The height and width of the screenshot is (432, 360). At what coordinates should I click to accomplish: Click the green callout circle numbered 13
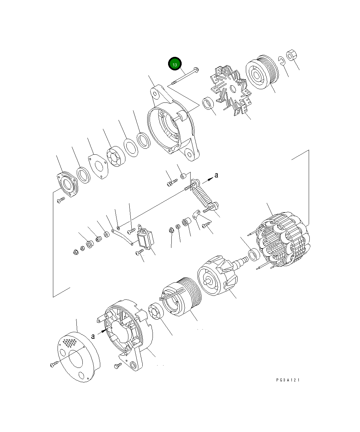point(175,64)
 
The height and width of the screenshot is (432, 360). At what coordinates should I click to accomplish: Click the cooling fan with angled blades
point(230,91)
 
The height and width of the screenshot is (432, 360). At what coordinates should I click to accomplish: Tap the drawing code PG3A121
point(288,380)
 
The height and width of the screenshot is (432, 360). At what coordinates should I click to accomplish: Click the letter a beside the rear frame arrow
point(93,336)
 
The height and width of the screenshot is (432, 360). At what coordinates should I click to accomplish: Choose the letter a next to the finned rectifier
point(216,175)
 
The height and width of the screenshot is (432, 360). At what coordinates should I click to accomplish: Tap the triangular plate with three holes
point(98,166)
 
